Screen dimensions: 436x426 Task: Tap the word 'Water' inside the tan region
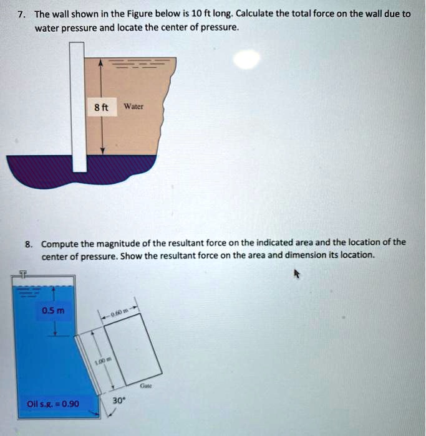click(x=133, y=107)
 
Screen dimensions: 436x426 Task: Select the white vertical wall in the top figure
click(x=78, y=106)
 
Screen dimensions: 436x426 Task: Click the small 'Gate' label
click(x=147, y=386)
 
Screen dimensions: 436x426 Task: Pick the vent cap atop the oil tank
click(x=24, y=273)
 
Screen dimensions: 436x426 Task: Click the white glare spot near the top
click(x=247, y=59)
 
